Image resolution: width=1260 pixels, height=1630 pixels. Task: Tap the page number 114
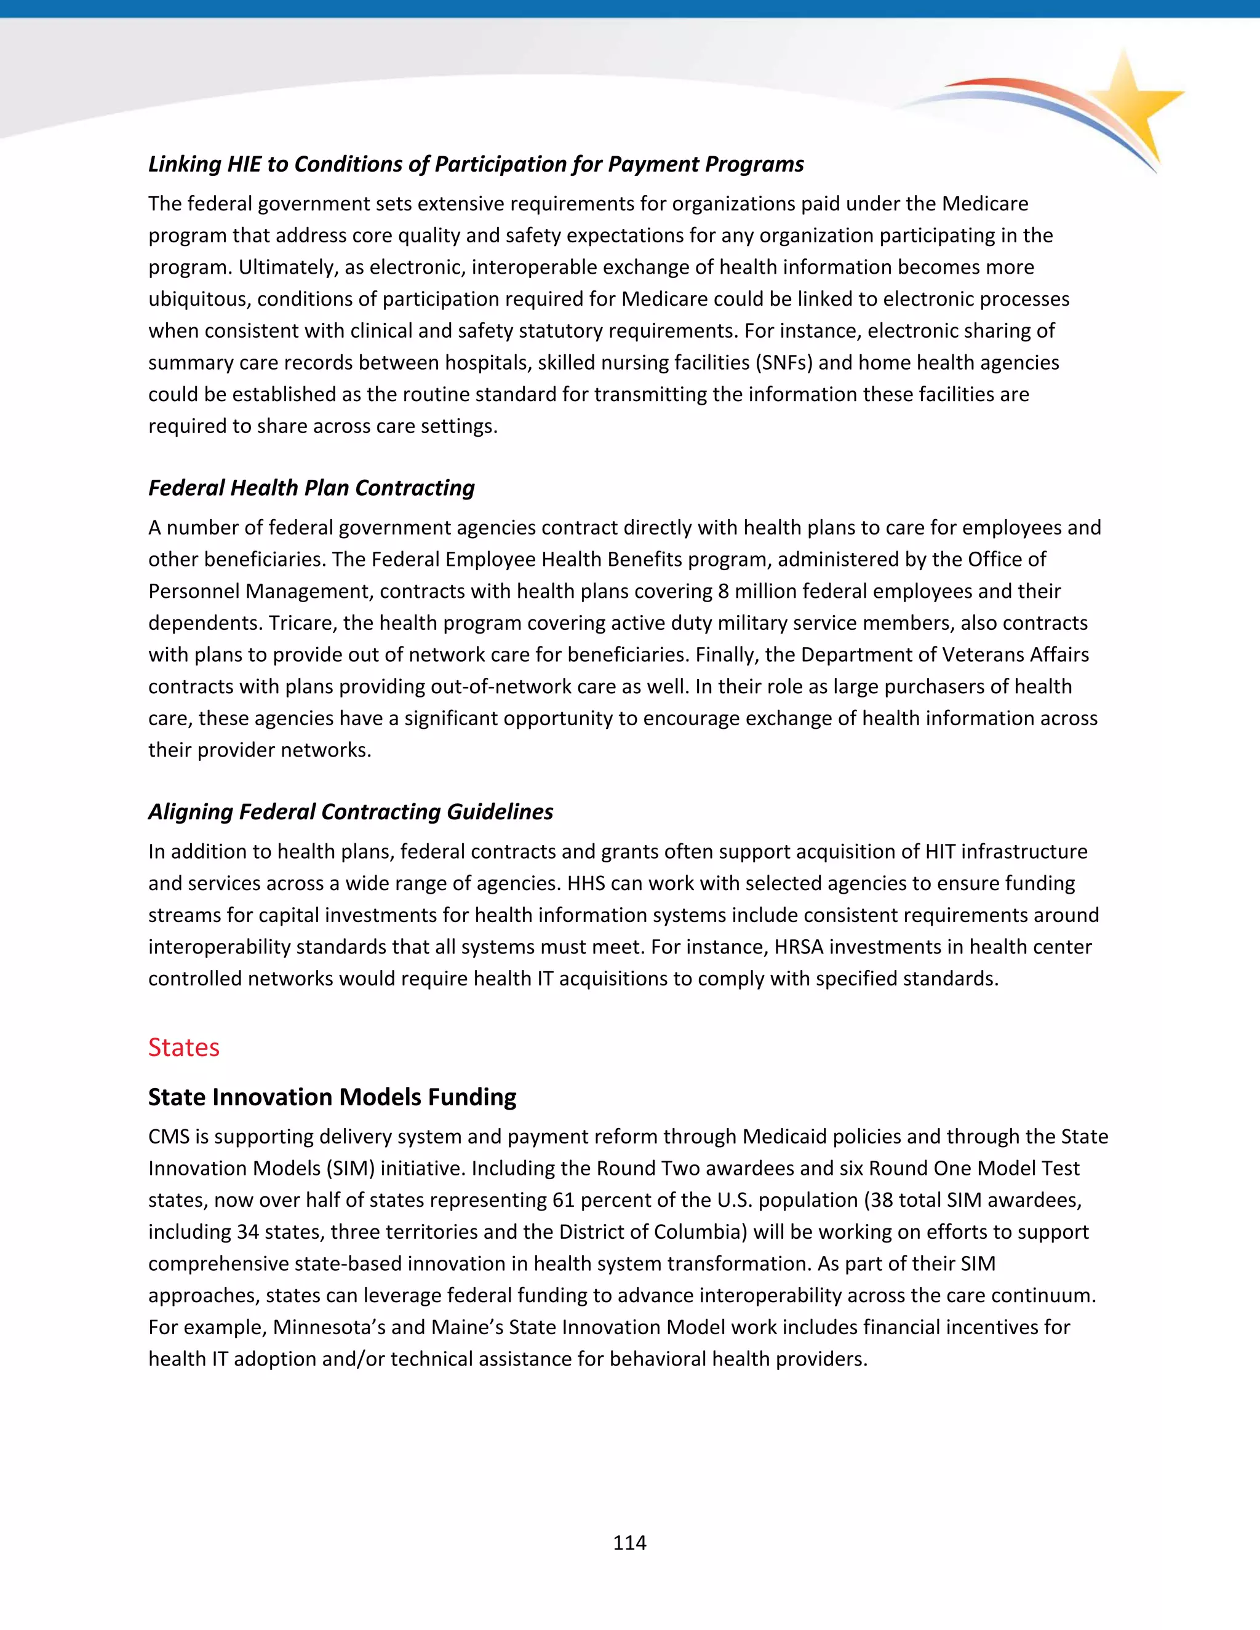coord(629,1543)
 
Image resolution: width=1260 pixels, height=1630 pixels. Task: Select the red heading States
coord(183,1047)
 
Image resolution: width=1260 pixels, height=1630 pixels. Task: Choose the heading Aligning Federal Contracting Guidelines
coord(350,811)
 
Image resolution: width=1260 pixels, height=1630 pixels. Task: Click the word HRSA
coord(799,947)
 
